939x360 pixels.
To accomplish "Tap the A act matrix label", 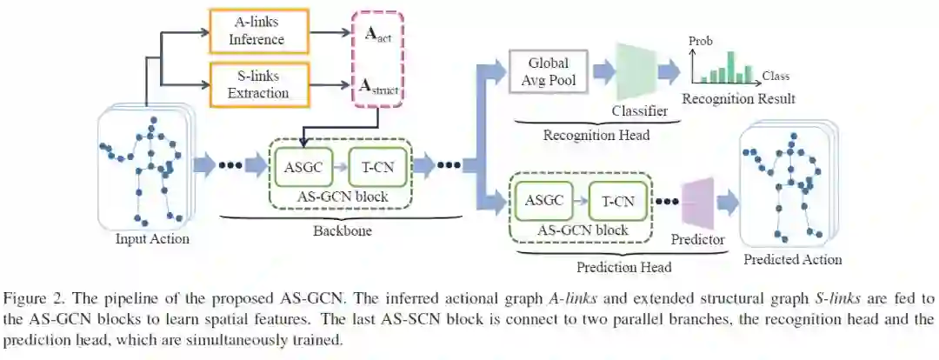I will [375, 37].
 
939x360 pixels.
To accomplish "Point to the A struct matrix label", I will [376, 86].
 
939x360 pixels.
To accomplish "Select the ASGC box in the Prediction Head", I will [544, 201].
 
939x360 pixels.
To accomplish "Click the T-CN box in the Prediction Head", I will [617, 202].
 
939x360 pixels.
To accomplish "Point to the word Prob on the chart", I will [700, 41].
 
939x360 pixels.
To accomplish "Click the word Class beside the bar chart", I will [776, 77].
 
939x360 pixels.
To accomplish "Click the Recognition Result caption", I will [738, 98].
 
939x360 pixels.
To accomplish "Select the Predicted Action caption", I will [792, 259].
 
